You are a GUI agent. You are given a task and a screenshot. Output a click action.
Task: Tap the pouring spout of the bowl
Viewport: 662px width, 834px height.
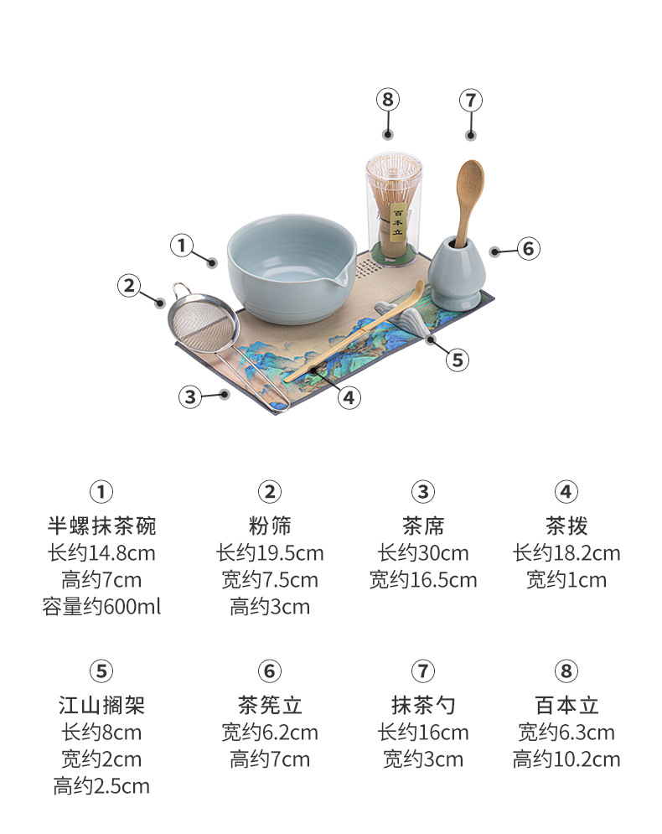[340, 277]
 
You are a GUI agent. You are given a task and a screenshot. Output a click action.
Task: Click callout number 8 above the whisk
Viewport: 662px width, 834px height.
[388, 100]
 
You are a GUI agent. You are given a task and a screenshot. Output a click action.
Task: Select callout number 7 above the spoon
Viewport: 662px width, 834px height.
[471, 101]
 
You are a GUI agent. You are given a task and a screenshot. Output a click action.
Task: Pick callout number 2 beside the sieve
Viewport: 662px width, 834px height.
[129, 286]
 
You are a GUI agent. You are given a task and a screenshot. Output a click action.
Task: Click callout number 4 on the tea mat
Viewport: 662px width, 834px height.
[349, 397]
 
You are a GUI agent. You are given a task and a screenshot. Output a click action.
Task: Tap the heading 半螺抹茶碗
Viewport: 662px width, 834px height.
[101, 526]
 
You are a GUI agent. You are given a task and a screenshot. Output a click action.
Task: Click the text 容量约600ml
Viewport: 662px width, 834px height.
[101, 607]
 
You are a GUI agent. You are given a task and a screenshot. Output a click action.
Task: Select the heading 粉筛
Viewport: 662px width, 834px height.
[270, 526]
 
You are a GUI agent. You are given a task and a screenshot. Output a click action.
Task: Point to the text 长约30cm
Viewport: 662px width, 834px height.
[423, 553]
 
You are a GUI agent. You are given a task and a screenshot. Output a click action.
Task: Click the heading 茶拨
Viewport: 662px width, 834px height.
[566, 526]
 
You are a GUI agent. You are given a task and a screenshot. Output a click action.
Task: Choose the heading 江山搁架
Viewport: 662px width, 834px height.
[101, 706]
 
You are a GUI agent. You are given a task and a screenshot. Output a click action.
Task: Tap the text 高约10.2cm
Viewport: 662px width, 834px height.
[566, 759]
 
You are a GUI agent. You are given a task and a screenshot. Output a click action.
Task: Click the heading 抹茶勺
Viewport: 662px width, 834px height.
[423, 706]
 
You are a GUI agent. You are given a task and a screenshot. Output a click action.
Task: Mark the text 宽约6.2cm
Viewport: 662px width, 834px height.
[270, 733]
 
